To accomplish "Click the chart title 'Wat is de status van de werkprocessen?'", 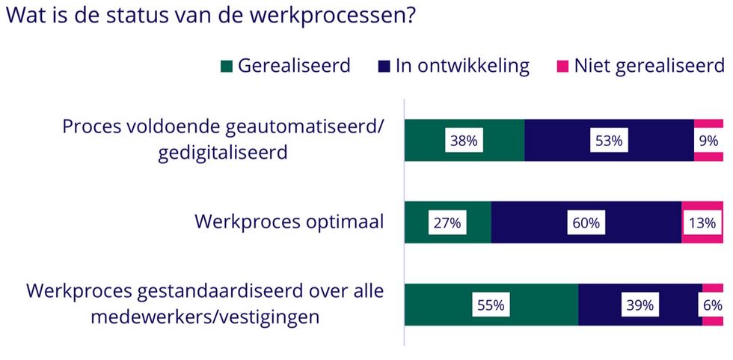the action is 210,16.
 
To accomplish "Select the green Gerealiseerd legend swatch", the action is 226,67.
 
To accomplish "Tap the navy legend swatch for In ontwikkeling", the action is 384,67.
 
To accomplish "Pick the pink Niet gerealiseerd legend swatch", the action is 562,67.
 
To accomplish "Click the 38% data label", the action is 464,140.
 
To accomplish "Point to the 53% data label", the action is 609,140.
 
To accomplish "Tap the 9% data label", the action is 709,140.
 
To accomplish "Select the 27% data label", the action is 447,222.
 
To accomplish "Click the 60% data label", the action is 586,222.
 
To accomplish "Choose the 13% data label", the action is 702,222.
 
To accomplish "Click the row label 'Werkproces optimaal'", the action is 289,222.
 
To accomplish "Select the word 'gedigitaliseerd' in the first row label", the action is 223,153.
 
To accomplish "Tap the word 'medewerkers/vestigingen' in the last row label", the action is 205,317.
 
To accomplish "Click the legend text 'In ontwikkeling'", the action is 462,66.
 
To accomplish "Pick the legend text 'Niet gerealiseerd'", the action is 649,66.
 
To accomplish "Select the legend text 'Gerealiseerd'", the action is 294,66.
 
